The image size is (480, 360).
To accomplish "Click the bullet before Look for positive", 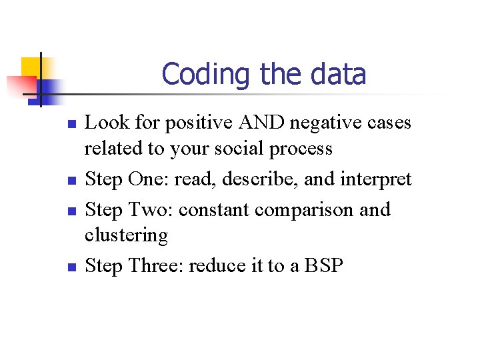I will pyautogui.click(x=74, y=125).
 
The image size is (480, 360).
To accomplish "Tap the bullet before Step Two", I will pyautogui.click(x=74, y=211).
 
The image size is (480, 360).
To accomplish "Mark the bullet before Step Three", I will pyautogui.click(x=74, y=267).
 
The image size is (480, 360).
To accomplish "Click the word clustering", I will pyautogui.click(x=126, y=235).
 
